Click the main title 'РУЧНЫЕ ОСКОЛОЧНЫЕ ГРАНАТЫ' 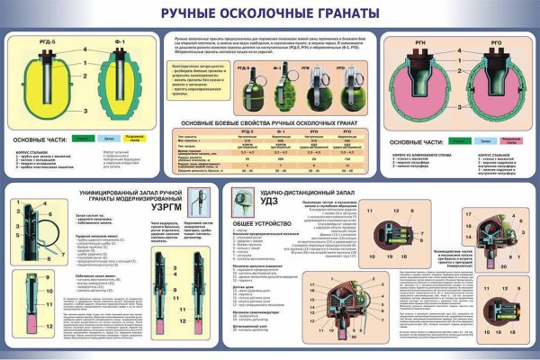[269, 14]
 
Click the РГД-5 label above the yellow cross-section [32, 40]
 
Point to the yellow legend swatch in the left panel [132, 138]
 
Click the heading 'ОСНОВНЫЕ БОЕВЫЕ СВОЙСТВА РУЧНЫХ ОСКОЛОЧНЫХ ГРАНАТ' [269, 121]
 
